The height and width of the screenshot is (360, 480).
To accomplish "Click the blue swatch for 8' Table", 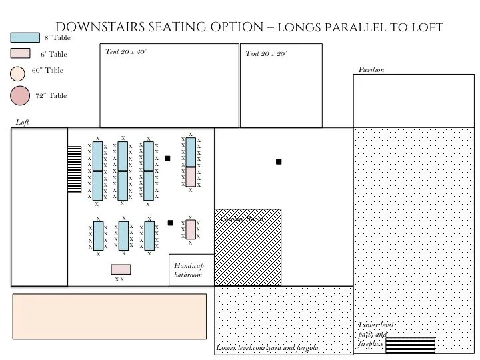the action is pyautogui.click(x=27, y=39).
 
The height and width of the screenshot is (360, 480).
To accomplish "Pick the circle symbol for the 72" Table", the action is pyautogui.click(x=20, y=97).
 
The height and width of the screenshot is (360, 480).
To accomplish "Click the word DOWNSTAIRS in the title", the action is pyautogui.click(x=99, y=27).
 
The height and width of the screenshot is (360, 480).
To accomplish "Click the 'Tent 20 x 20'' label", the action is pyautogui.click(x=266, y=54).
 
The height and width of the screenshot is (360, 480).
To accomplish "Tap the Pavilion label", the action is pyautogui.click(x=371, y=69).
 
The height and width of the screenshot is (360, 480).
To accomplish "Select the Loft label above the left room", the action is pyautogui.click(x=22, y=123).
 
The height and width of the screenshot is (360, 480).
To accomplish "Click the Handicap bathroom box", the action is pyautogui.click(x=191, y=270).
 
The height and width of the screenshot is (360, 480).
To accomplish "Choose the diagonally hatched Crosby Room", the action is pyautogui.click(x=247, y=247).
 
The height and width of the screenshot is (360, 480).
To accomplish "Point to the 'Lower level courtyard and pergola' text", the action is pyautogui.click(x=267, y=348).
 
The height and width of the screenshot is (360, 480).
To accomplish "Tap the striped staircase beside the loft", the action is pyautogui.click(x=73, y=170).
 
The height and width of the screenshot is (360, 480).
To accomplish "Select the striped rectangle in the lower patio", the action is pyautogui.click(x=410, y=345).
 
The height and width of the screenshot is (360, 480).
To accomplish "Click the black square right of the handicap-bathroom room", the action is pyautogui.click(x=279, y=162).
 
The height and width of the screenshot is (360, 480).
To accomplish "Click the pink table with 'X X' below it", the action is pyautogui.click(x=121, y=269).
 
